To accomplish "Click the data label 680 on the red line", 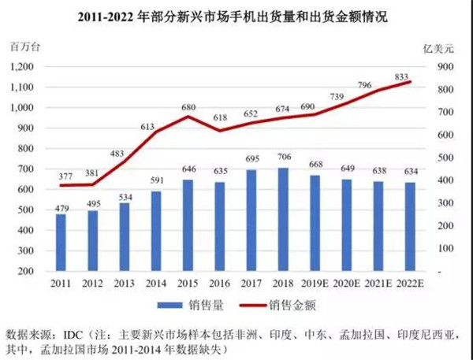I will click(x=189, y=107).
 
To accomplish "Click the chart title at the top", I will click(x=236, y=15).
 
